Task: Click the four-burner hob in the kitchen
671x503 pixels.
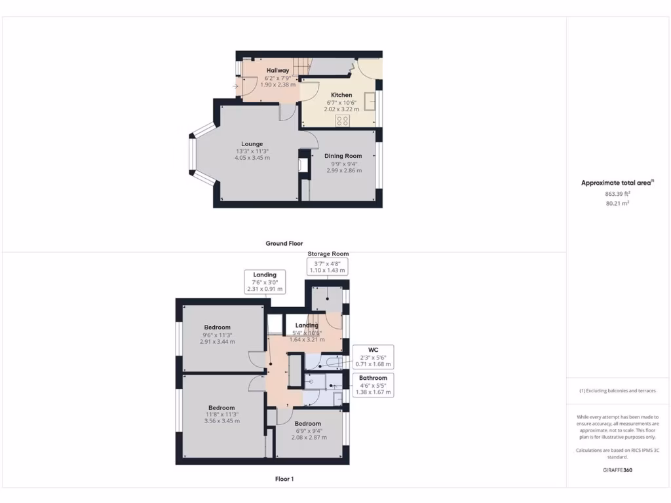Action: (343, 121)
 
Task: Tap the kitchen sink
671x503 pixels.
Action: (370, 102)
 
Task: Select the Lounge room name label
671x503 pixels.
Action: (252, 144)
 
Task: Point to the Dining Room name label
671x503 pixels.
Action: (343, 156)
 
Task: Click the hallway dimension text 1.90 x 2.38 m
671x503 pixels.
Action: (277, 84)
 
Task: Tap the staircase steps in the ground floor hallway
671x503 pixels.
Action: (299, 66)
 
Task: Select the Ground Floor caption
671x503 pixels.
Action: (284, 244)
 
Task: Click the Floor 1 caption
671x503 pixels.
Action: (284, 479)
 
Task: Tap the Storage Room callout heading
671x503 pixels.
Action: (328, 254)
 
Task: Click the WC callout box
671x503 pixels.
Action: (373, 356)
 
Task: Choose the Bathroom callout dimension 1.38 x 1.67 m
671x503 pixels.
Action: (373, 392)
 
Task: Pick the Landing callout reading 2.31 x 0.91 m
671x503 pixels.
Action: (265, 289)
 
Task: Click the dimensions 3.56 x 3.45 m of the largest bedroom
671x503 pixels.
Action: (221, 421)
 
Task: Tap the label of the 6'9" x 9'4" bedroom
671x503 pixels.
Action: (307, 424)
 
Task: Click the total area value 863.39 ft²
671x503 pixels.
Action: (617, 195)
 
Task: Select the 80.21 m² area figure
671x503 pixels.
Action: (617, 204)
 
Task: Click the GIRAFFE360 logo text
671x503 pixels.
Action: (617, 470)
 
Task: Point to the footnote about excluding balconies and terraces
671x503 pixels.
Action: (617, 391)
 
